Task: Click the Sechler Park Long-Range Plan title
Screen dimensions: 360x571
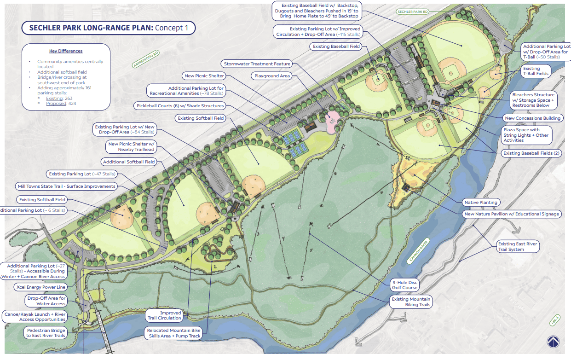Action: pos(109,28)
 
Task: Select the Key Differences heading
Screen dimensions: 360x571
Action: pos(66,51)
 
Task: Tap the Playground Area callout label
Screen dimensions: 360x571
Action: pos(273,75)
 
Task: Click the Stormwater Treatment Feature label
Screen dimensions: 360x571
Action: pos(257,64)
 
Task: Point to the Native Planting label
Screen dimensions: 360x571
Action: pos(480,202)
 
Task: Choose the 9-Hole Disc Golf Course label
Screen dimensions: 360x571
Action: pos(404,285)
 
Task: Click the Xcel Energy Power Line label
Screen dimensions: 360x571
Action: pos(40,287)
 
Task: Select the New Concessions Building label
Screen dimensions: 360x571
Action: pos(532,118)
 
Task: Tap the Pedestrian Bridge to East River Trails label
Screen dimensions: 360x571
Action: pos(46,333)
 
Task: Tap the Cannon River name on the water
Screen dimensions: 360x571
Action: pos(418,251)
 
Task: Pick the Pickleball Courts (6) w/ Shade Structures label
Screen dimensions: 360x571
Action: pos(179,106)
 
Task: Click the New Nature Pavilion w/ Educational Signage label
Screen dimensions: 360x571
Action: pos(512,214)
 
